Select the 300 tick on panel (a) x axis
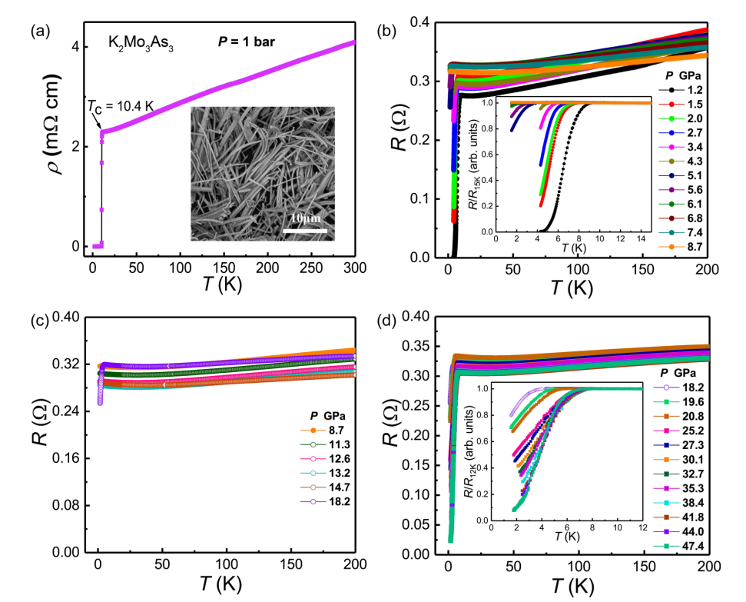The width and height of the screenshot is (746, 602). (x=355, y=266)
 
